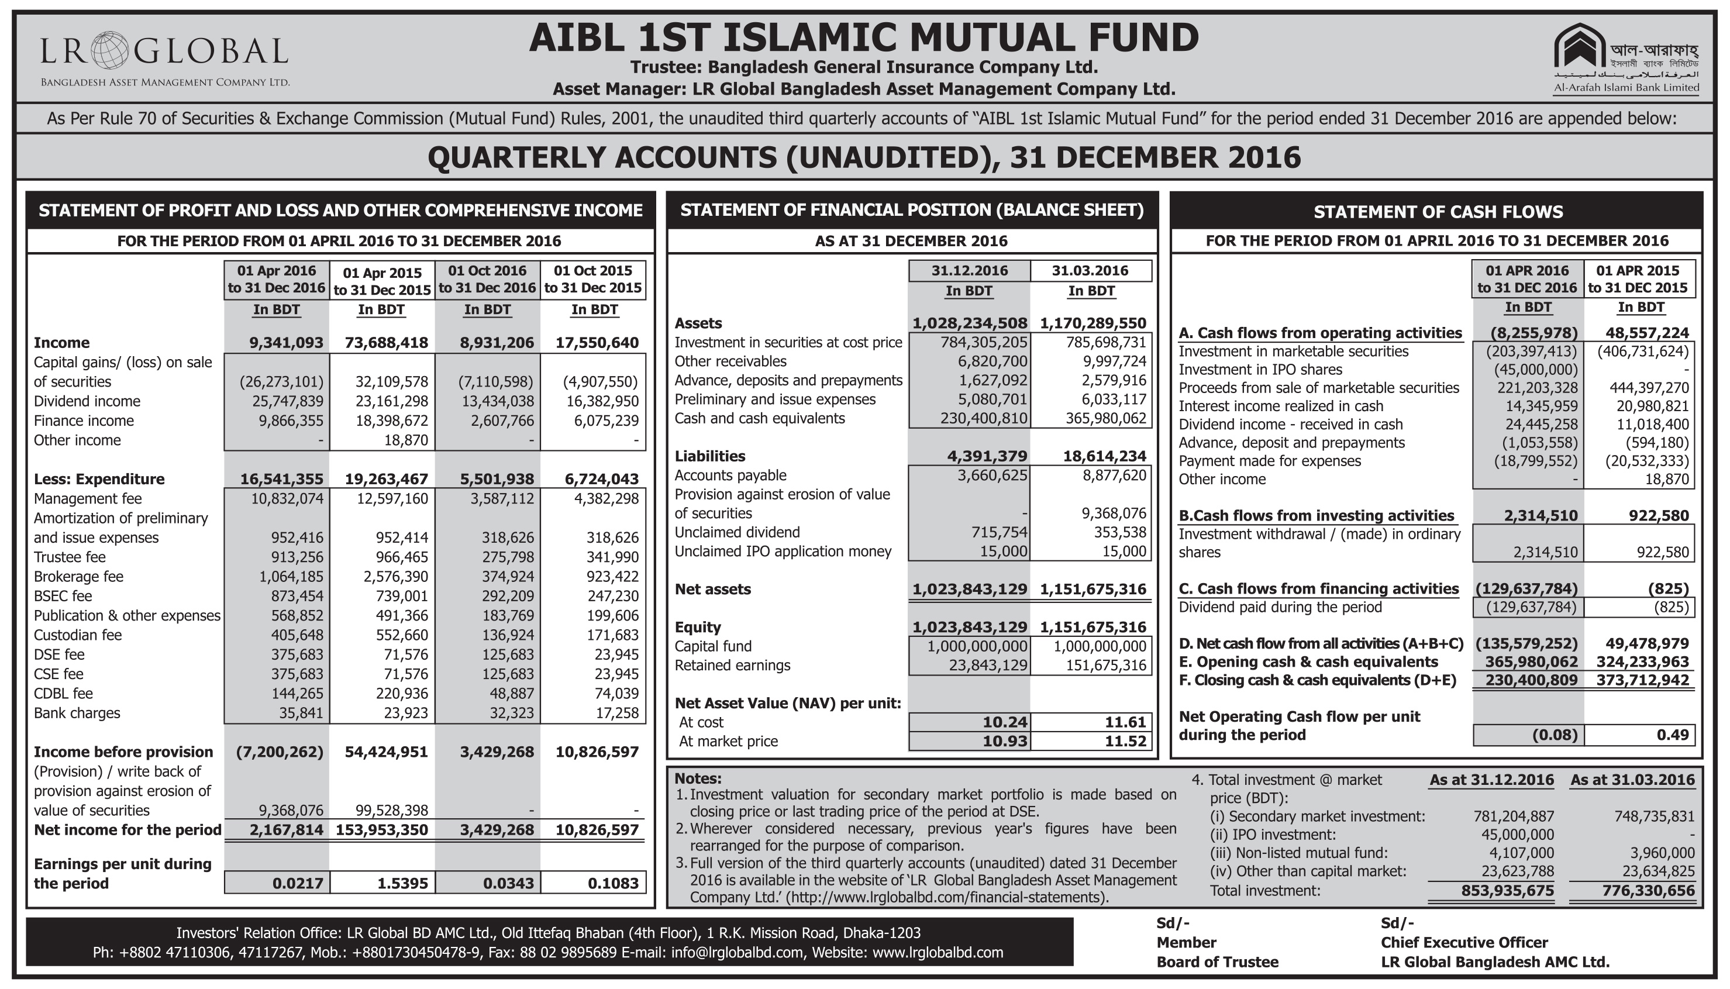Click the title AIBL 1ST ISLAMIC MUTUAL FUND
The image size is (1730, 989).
tap(863, 37)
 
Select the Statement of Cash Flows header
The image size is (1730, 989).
tap(1437, 212)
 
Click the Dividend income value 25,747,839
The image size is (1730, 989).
tap(281, 401)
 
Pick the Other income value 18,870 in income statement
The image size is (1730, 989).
tap(405, 440)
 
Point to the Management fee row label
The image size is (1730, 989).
tap(88, 498)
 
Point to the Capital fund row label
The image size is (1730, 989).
tap(712, 646)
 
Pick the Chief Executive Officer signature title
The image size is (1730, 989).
tap(1464, 942)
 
